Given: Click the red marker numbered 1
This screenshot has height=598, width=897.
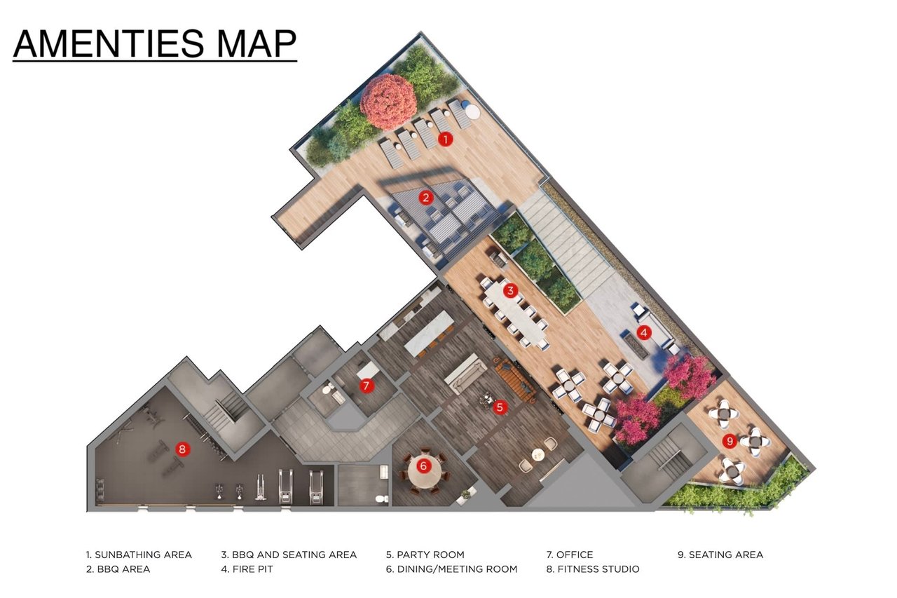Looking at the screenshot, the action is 445,140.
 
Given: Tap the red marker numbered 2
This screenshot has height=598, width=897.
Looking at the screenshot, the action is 425,198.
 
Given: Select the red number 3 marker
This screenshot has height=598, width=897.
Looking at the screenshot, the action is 510,290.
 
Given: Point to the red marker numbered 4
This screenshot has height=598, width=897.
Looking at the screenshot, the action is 644,332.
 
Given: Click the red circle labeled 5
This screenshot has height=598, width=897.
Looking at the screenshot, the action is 500,407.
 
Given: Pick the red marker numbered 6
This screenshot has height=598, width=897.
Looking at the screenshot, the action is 424,466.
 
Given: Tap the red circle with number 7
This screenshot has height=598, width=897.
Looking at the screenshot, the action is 367,386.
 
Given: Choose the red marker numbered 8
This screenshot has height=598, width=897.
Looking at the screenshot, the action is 182,449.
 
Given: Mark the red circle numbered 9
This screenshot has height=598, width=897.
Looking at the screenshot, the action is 730,441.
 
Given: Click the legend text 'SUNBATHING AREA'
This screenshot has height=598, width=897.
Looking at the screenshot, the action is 144,555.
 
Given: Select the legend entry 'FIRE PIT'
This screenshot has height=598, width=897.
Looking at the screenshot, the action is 253,569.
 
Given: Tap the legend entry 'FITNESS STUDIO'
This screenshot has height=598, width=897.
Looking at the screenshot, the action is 598,569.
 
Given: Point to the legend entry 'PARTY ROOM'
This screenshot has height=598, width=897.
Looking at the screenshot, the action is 430,555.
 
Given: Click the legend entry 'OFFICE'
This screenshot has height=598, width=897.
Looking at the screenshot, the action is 575,555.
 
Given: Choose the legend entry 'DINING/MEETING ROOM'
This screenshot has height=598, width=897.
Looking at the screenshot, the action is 458,569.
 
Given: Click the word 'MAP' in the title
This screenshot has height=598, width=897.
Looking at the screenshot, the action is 256,43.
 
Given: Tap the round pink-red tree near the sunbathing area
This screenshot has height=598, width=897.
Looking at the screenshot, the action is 388,102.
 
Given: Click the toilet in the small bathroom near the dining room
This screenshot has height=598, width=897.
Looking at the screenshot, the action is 382,498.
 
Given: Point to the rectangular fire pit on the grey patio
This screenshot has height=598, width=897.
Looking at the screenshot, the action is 638,346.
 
